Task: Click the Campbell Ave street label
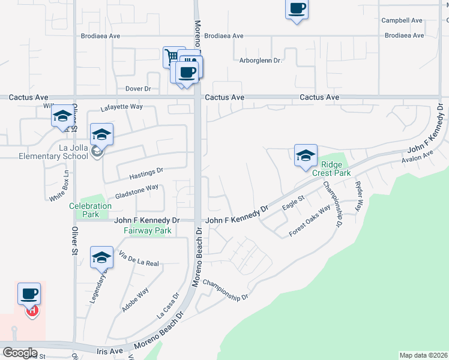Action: coord(402,20)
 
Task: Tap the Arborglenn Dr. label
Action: coord(261,61)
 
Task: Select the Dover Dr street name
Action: coord(138,89)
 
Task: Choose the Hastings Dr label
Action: coord(147,173)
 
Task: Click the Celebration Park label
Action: coord(90,210)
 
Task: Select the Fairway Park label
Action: coord(148,230)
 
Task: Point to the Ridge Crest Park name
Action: coord(327,169)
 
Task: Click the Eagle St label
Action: coord(294,202)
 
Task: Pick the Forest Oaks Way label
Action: coord(310,221)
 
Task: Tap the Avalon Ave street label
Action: coord(417,158)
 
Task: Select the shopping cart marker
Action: coord(173,57)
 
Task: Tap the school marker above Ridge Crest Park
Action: coord(306,155)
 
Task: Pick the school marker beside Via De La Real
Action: coord(101,257)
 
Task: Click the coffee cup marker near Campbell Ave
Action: coord(297,9)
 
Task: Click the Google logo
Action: coord(19,353)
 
